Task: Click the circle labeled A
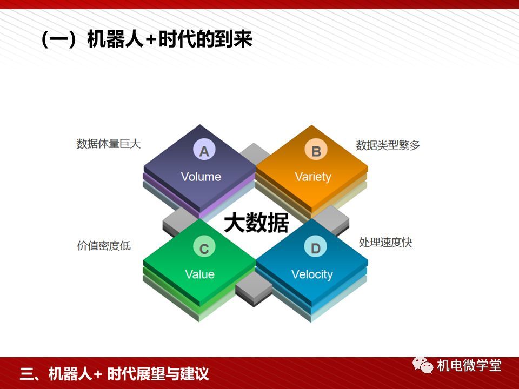click(x=204, y=150)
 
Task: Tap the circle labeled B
click(x=316, y=150)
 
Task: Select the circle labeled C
click(x=204, y=247)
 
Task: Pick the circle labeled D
click(x=315, y=247)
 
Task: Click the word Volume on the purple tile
click(x=201, y=177)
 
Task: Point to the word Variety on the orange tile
click(x=313, y=177)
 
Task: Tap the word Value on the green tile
click(x=199, y=274)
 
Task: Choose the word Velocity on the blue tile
click(x=312, y=274)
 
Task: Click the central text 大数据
click(x=256, y=222)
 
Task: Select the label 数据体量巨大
click(x=109, y=144)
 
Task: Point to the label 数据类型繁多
click(x=388, y=145)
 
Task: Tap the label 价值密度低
click(x=104, y=246)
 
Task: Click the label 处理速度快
click(x=385, y=243)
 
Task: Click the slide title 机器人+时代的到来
click(x=169, y=39)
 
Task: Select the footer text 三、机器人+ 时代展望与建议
click(x=115, y=374)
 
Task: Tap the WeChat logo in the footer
click(x=423, y=365)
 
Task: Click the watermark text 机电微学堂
click(x=469, y=365)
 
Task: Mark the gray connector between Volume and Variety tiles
click(x=254, y=153)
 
